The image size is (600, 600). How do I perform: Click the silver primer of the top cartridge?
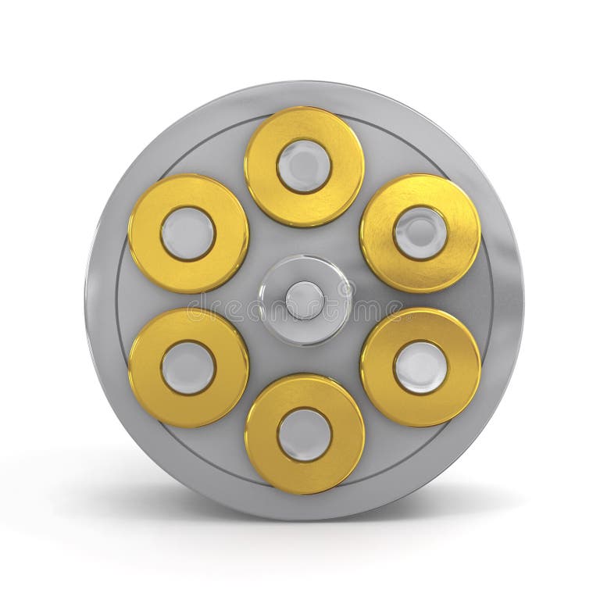(304, 166)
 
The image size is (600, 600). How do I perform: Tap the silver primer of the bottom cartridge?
(304, 434)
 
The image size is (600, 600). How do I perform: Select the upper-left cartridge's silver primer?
(187, 233)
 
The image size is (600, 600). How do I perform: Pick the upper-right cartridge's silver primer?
(420, 233)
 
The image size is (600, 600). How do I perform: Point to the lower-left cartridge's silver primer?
(187, 367)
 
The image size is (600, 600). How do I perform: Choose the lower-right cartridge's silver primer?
(420, 367)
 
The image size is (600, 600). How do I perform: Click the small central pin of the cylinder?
(304, 300)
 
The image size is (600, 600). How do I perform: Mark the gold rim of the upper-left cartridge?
(145, 233)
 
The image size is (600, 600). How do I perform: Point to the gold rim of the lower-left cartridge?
(145, 367)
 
